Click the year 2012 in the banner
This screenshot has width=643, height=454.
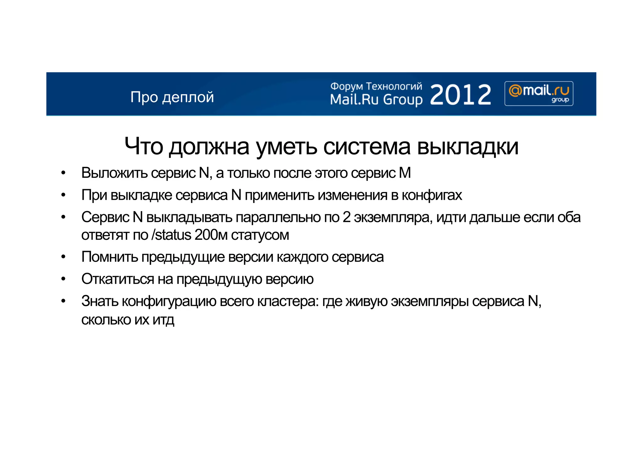coord(460,95)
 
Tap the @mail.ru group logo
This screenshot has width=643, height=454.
coord(539,93)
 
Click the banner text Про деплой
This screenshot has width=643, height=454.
coord(172,97)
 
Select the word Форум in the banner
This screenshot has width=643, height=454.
coord(347,87)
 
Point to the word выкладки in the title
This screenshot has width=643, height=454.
coord(467,147)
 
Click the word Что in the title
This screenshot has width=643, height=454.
coord(144,147)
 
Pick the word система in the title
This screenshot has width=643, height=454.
coord(367,147)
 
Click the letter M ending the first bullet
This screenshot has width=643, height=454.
coord(405,173)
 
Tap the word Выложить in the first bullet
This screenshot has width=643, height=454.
coord(114,173)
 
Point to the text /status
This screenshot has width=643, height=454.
coord(171,235)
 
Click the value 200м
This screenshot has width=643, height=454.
coord(211,235)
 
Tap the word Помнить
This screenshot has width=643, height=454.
coord(110,257)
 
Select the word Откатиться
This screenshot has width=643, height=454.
coord(118,279)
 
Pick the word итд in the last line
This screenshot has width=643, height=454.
coord(163,320)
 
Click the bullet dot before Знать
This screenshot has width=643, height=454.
coord(63,301)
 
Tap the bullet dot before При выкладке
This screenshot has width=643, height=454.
coord(63,195)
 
